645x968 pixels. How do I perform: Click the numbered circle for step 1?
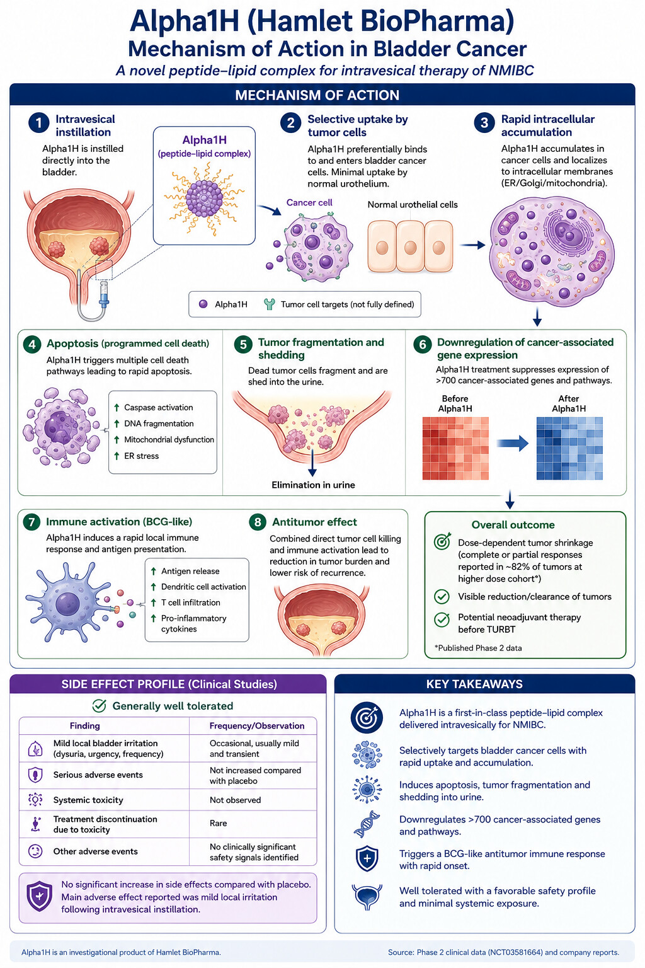tap(38, 123)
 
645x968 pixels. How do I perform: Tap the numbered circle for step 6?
tap(423, 345)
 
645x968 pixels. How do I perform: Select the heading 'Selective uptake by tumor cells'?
tap(357, 126)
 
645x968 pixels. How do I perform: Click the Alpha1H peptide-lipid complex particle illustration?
tap(204, 199)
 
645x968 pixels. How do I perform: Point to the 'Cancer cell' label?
tap(309, 203)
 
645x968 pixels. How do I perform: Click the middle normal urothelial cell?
tap(411, 246)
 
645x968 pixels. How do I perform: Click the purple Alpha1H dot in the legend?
tap(203, 304)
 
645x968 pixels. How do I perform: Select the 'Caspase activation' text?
tap(159, 408)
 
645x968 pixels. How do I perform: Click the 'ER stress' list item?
tap(141, 456)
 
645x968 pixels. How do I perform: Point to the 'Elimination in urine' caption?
tap(313, 485)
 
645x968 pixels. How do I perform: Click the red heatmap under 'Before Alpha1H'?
tap(455, 448)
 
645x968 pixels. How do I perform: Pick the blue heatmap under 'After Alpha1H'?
tap(569, 448)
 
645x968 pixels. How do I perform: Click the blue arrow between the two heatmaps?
tap(512, 444)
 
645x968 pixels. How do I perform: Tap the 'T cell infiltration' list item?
tap(190, 602)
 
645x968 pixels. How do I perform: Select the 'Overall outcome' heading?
tap(513, 524)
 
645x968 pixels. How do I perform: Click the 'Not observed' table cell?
tap(235, 800)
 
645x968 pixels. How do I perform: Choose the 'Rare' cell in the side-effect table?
tap(218, 823)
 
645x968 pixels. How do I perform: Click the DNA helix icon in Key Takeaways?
tap(367, 824)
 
